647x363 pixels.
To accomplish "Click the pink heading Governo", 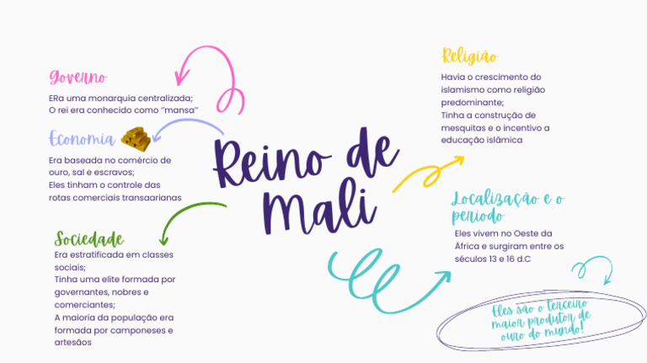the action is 78,77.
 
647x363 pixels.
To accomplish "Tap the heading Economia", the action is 82,139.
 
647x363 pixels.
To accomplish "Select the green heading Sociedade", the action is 88,238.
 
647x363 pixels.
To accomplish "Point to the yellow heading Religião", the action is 469,56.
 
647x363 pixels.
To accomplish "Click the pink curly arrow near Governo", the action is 211,72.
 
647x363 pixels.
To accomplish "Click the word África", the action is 468,246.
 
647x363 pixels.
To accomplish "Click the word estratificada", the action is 101,254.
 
